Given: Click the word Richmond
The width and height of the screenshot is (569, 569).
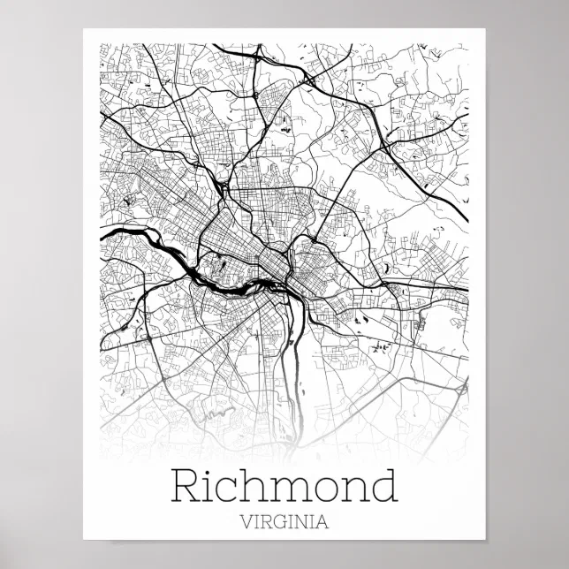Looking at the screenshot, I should pyautogui.click(x=284, y=487).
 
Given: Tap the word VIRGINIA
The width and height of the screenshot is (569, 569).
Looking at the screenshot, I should pyautogui.click(x=284, y=521).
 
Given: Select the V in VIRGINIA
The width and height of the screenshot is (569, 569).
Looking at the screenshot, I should pyautogui.click(x=245, y=521).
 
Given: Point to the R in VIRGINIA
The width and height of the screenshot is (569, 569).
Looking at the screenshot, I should pyautogui.click(x=263, y=521).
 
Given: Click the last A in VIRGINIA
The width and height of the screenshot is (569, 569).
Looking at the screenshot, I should pyautogui.click(x=322, y=521).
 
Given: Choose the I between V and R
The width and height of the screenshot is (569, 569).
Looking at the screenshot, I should pyautogui.click(x=254, y=521).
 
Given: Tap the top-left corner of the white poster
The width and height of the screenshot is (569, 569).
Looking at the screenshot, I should pyautogui.click(x=85, y=30).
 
